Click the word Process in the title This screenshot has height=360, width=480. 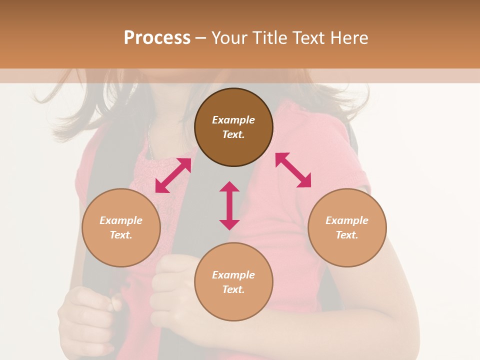[157, 38]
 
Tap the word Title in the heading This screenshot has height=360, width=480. [269, 38]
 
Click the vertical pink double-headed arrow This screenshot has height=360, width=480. [229, 205]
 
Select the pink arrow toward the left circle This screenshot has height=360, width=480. [173, 175]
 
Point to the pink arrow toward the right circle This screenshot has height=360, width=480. [293, 170]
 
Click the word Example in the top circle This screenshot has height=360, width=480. [233, 120]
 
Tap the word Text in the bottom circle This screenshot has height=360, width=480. [233, 289]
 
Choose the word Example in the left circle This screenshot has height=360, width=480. [121, 220]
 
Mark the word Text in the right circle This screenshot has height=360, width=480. [347, 235]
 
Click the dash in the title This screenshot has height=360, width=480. [200, 38]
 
